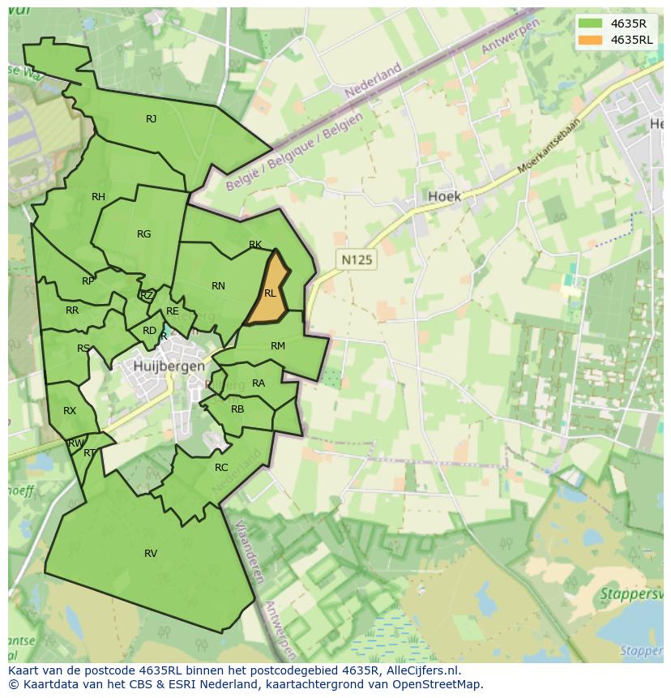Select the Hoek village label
pyautogui.click(x=443, y=196)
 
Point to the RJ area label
pyautogui.click(x=151, y=119)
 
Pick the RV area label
pyautogui.click(x=151, y=554)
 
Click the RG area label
pyautogui.click(x=143, y=234)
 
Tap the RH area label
pyautogui.click(x=98, y=197)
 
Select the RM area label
pyautogui.click(x=278, y=346)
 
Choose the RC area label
pyautogui.click(x=221, y=468)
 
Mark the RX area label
pyautogui.click(x=70, y=411)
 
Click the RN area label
pyautogui.click(x=218, y=286)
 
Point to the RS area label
pyautogui.click(x=83, y=349)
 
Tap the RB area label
pyautogui.click(x=237, y=409)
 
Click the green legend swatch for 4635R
pyautogui.click(x=591, y=24)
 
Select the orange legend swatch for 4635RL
pyautogui.click(x=591, y=40)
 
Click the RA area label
pyautogui.click(x=259, y=383)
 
